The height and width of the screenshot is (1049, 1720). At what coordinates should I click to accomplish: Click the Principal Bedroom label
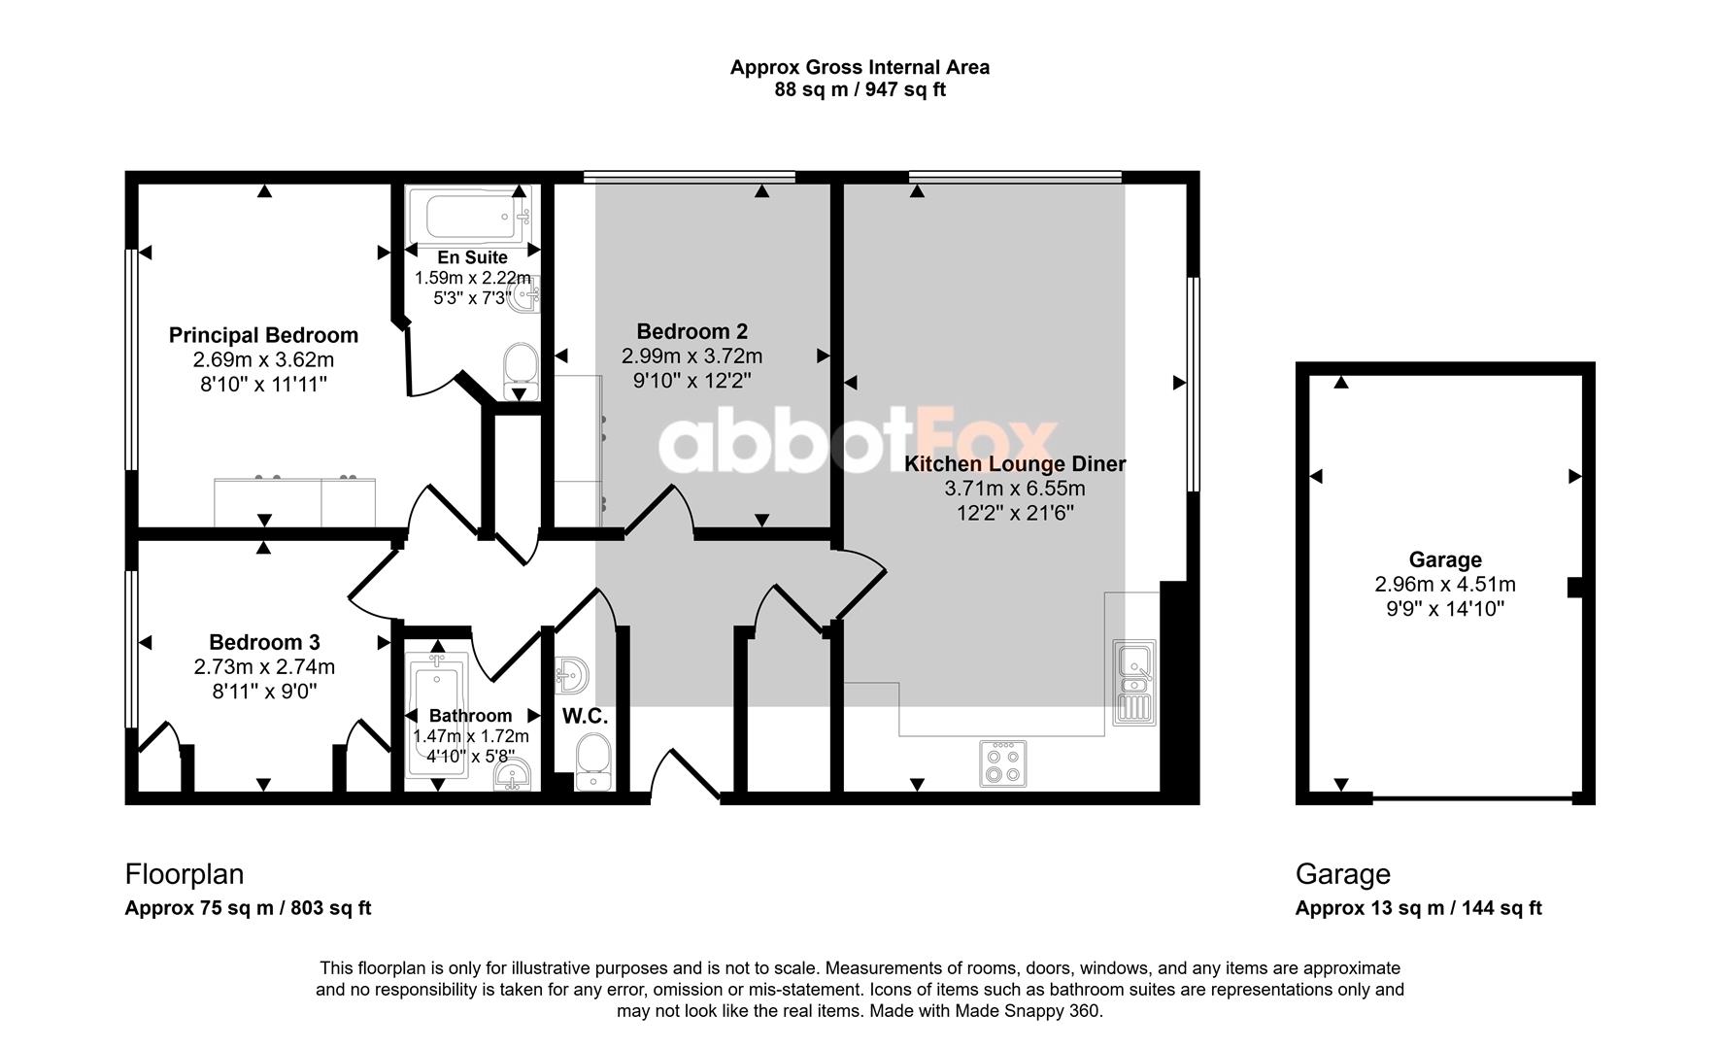tap(263, 335)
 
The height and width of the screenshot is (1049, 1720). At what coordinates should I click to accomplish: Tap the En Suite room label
tap(472, 257)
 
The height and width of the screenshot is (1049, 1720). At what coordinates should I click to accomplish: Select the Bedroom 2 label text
tap(691, 331)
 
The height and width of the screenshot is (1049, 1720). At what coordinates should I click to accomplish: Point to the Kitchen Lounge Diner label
tap(1015, 464)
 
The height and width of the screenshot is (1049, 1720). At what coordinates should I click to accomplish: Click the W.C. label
tap(585, 717)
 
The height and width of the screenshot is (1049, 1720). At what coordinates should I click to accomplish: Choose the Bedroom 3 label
tap(264, 642)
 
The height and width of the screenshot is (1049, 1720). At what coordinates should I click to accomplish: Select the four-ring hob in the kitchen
tap(1002, 762)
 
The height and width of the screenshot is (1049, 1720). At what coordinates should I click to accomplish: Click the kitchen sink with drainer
tap(1134, 682)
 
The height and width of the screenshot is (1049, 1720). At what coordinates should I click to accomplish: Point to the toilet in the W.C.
tap(591, 762)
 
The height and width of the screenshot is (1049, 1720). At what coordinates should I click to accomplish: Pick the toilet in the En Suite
tap(522, 371)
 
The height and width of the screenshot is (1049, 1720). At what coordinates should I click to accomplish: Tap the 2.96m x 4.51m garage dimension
tap(1445, 585)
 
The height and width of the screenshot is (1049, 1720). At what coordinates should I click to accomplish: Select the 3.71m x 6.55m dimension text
tap(1015, 489)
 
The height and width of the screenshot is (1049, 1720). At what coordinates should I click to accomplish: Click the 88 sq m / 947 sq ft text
tap(860, 90)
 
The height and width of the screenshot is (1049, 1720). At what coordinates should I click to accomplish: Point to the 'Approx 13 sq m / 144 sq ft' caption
tap(1419, 908)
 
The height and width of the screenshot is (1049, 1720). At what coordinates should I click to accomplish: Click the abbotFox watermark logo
tap(859, 443)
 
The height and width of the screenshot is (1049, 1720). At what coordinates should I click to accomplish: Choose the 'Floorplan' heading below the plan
tap(185, 874)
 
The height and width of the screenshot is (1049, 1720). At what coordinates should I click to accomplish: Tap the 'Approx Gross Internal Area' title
tap(860, 67)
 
